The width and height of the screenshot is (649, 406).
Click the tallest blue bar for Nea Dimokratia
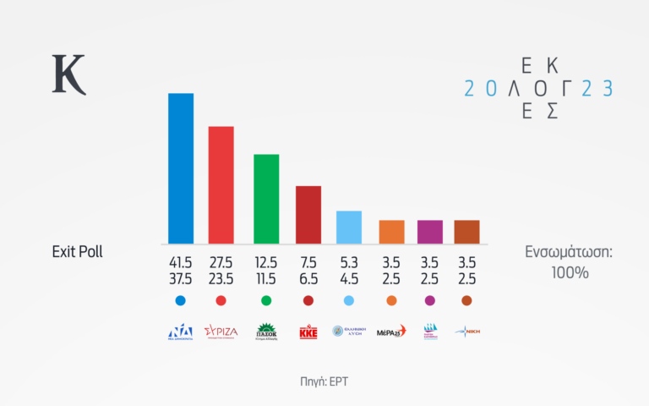[181, 167]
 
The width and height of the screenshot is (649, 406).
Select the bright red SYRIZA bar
[221, 184]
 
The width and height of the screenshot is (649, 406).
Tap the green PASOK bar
[266, 199]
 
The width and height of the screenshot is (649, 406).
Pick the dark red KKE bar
[308, 214]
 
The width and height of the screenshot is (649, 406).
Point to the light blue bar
[349, 227]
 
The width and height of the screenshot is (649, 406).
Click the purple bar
[430, 231]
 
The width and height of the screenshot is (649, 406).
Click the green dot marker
[266, 300]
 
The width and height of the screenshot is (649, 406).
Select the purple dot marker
[430, 300]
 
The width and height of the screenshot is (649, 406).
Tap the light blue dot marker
[349, 300]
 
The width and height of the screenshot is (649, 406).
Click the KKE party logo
[308, 332]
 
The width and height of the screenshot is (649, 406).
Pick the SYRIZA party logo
[221, 331]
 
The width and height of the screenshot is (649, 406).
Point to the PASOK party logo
[266, 331]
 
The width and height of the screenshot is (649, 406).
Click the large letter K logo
[69, 74]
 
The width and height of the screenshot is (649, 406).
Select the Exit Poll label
[77, 252]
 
